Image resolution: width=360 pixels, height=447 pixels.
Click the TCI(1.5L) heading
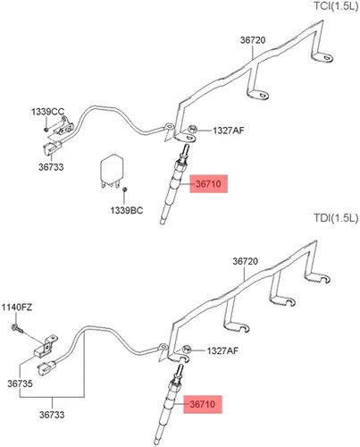click(336, 6)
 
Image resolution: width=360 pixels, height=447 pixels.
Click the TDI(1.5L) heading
click(336, 218)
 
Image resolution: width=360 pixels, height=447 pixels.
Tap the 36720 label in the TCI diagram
click(253, 40)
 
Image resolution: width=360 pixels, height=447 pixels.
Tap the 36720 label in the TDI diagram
click(245, 261)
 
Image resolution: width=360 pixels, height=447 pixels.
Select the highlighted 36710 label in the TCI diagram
click(208, 184)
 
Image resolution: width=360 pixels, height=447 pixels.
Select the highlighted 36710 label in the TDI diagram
click(203, 404)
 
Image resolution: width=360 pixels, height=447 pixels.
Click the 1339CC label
click(47, 112)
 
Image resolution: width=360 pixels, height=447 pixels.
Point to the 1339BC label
click(127, 210)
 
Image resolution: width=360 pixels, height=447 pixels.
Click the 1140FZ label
click(17, 308)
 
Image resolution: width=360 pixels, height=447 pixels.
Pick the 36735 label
click(20, 384)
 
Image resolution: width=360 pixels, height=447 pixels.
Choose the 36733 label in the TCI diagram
click(51, 167)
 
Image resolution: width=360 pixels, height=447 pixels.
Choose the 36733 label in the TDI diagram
click(52, 415)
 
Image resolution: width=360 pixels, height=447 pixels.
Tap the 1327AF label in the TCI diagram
click(228, 131)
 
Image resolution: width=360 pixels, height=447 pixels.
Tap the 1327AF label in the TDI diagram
click(222, 350)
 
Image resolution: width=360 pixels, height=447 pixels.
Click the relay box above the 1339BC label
click(112, 171)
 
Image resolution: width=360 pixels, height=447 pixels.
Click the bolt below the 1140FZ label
click(17, 328)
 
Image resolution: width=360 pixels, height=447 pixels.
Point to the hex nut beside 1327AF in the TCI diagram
click(192, 130)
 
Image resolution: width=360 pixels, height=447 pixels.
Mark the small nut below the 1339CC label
click(46, 130)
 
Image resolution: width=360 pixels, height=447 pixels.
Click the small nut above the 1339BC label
click(125, 190)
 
